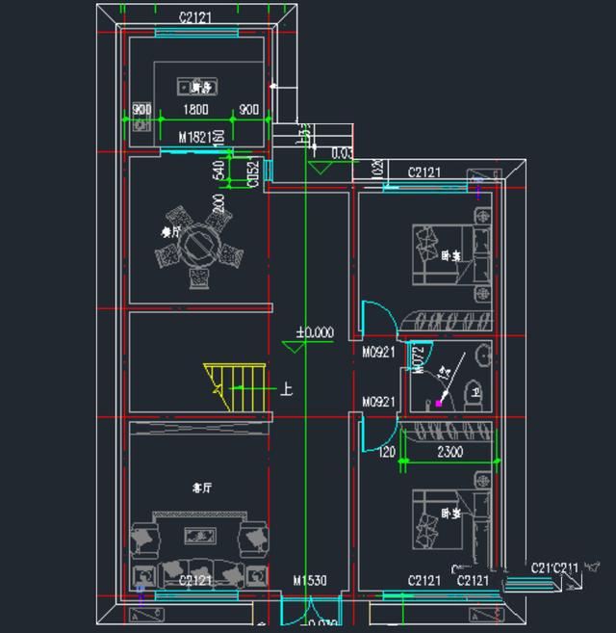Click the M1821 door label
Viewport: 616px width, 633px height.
196,137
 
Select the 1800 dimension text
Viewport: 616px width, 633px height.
195,109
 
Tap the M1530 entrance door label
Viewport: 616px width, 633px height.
310,580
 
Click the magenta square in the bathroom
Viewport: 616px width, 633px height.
439,404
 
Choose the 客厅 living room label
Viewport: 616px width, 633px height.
201,488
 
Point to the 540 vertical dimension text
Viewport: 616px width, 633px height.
218,170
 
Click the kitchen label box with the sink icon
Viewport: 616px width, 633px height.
195,87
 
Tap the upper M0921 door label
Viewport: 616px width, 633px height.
379,353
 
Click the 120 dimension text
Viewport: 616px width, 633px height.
387,451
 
